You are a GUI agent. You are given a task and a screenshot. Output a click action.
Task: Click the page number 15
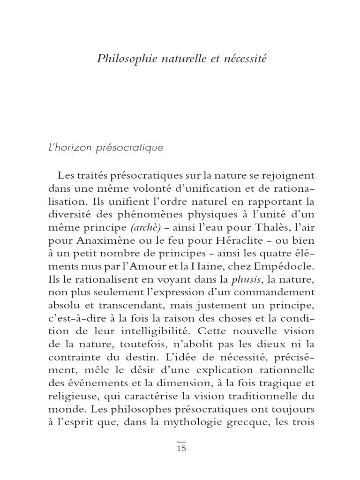(x=181, y=449)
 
